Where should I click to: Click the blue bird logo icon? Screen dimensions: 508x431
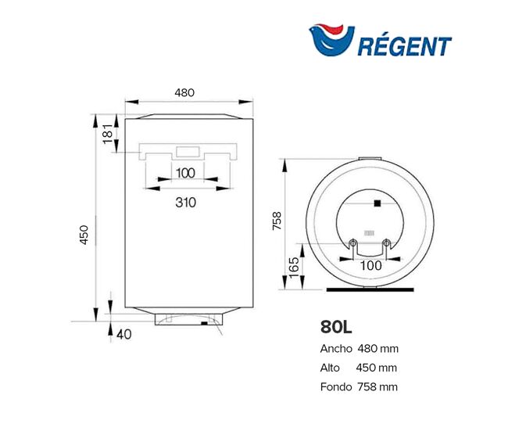(331, 40)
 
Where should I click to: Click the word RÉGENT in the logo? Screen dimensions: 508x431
(405, 45)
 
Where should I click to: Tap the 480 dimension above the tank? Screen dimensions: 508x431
(184, 93)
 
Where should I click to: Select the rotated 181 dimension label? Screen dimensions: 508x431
(108, 133)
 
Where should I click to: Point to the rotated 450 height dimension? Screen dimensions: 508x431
(84, 235)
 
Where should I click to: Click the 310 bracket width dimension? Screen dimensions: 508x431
(186, 203)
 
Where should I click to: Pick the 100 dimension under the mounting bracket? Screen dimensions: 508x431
(186, 173)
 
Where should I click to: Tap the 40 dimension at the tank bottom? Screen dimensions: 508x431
(123, 334)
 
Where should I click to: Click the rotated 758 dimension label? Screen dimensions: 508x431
(277, 221)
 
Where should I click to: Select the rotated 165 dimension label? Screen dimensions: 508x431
(294, 268)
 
